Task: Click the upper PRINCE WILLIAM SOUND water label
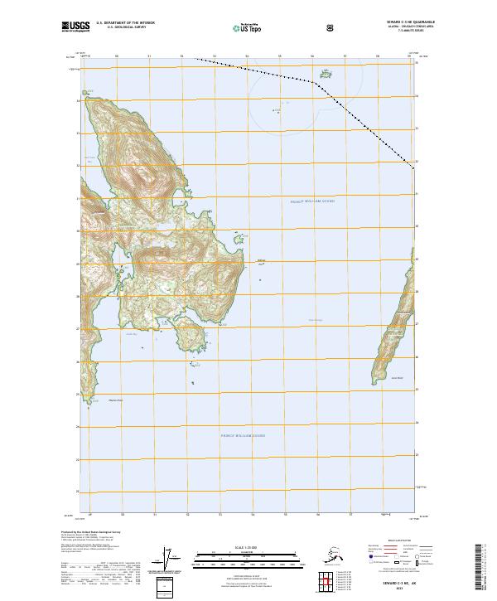pyautogui.click(x=311, y=201)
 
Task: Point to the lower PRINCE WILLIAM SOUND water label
pyautogui.click(x=242, y=434)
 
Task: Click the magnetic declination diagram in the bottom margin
pyautogui.click(x=171, y=559)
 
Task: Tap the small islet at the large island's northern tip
pyautogui.click(x=89, y=91)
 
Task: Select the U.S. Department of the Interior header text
pyautogui.click(x=125, y=22)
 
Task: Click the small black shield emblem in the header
pyautogui.click(x=331, y=27)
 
